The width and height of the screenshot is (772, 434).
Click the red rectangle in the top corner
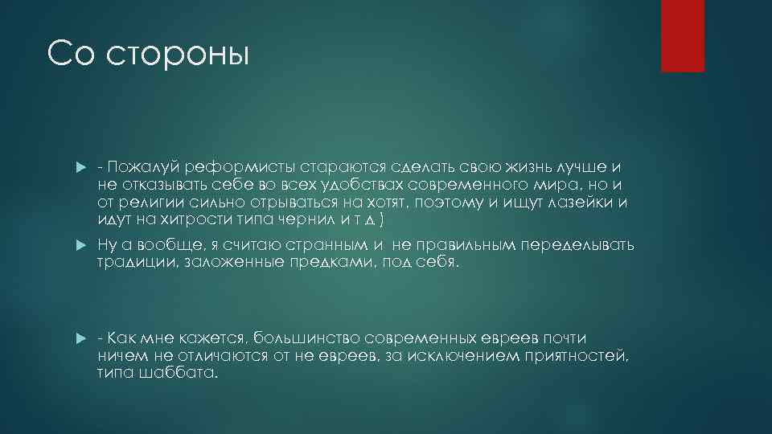(x=682, y=36)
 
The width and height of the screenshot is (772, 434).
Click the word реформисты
(x=239, y=167)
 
